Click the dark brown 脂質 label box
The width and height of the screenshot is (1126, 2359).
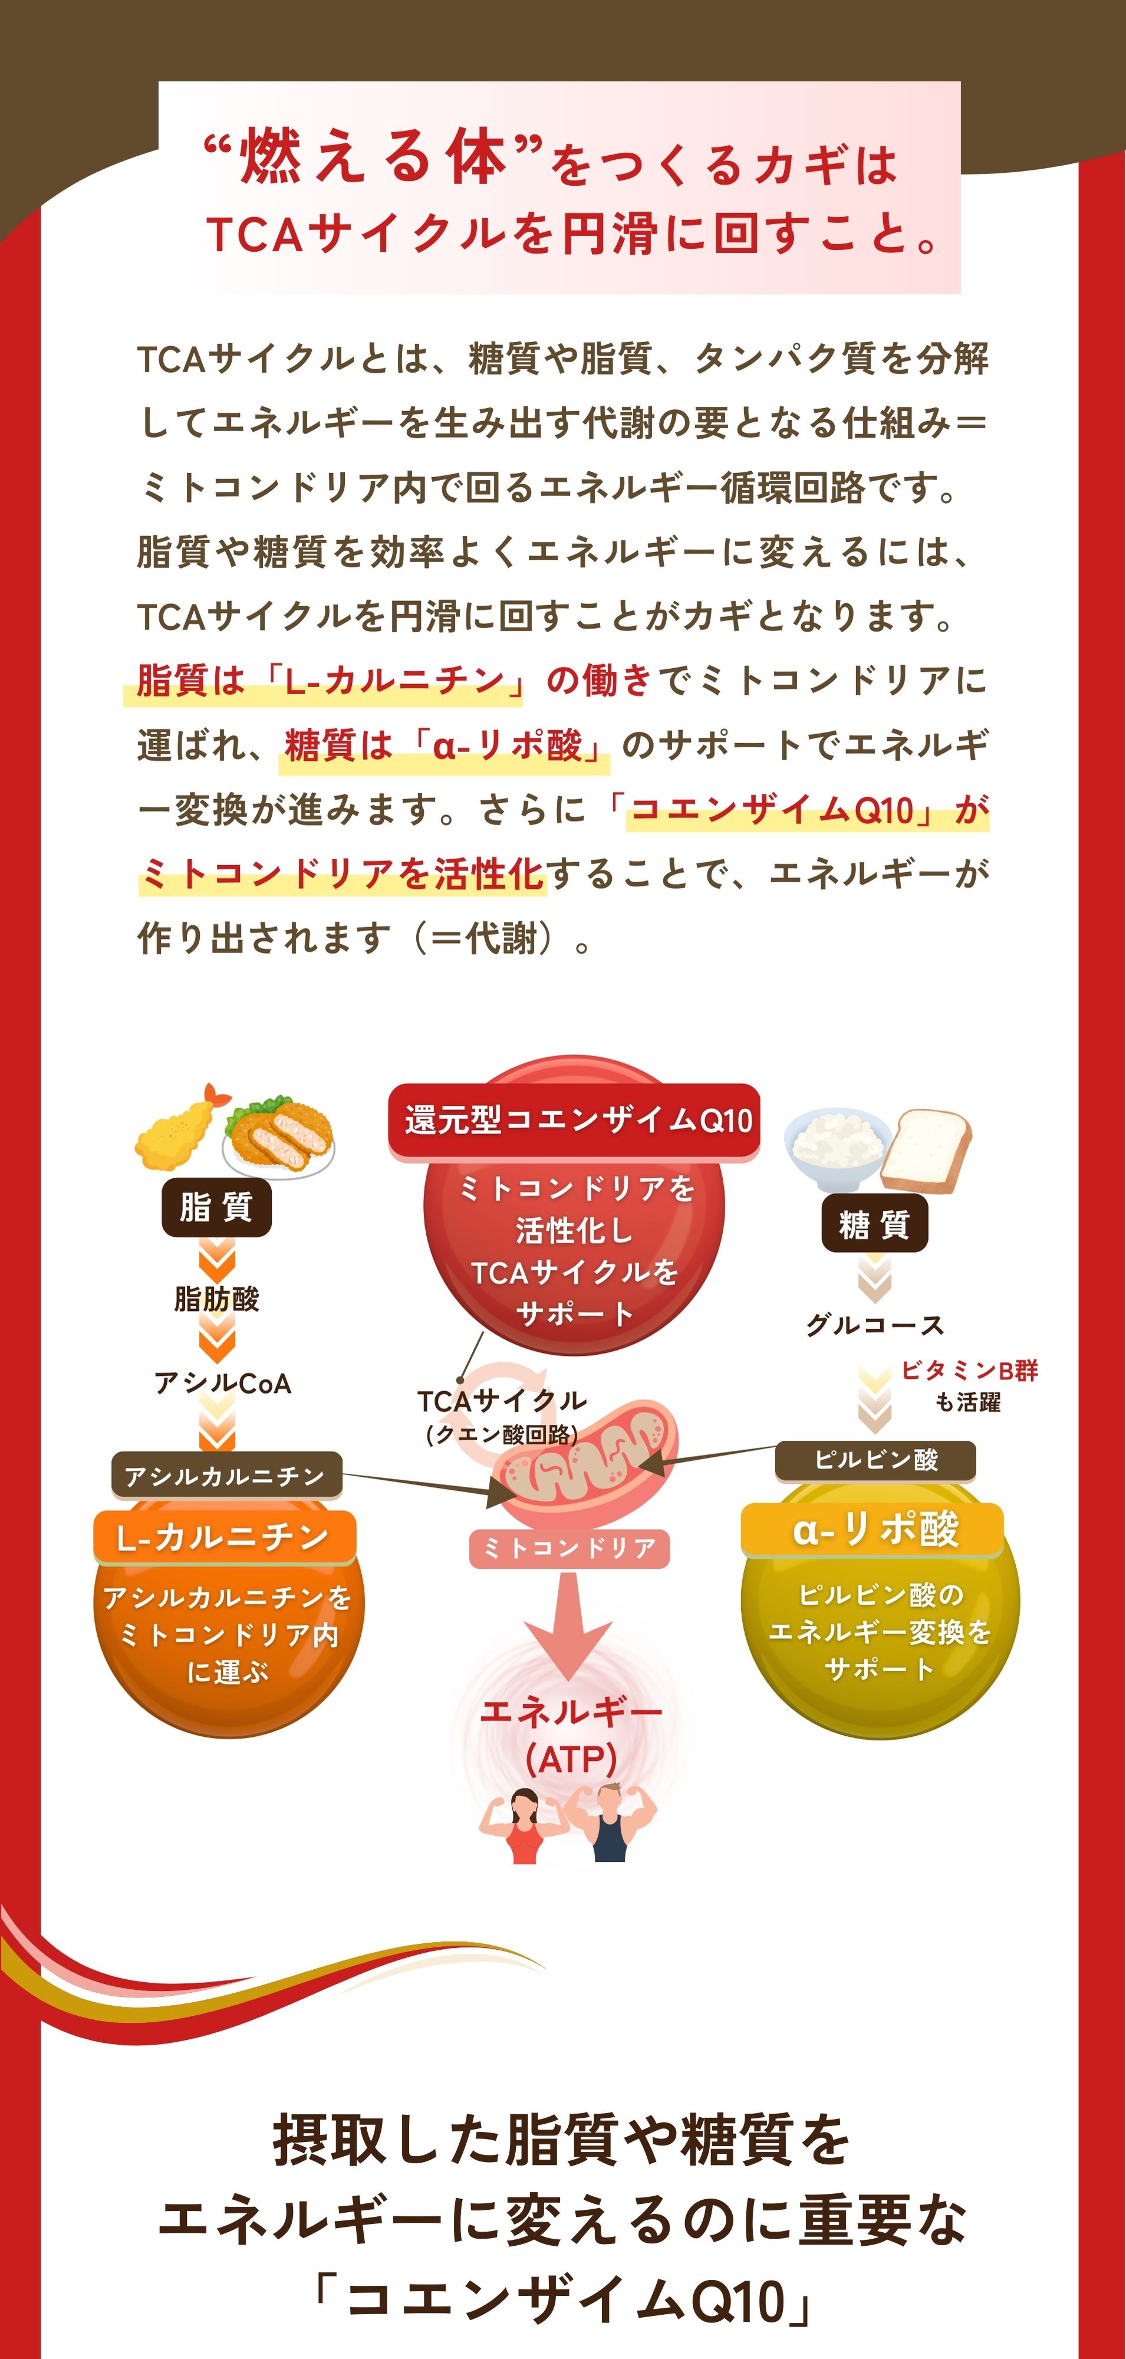(x=216, y=1208)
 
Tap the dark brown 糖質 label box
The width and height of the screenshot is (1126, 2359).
(x=874, y=1224)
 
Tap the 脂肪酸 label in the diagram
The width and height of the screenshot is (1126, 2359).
(x=217, y=1299)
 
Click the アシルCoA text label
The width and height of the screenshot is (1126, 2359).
(x=222, y=1383)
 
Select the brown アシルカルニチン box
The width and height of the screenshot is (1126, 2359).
(x=225, y=1476)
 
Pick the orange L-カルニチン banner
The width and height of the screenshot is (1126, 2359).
(x=223, y=1537)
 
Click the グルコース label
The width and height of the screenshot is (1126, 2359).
(x=874, y=1325)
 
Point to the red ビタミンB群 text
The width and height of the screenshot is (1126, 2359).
(x=969, y=1370)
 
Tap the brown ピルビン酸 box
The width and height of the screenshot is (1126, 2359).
(x=875, y=1459)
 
